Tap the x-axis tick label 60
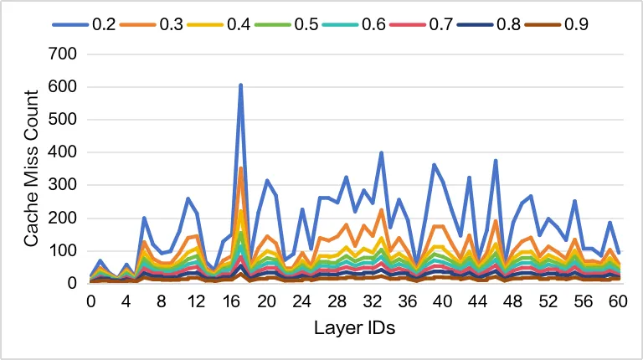[x=620, y=300]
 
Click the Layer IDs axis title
[x=355, y=327]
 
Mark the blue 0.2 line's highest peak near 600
[x=240, y=85]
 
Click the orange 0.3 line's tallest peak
[x=240, y=168]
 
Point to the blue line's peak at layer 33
[x=381, y=153]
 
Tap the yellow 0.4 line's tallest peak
[x=240, y=210]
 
